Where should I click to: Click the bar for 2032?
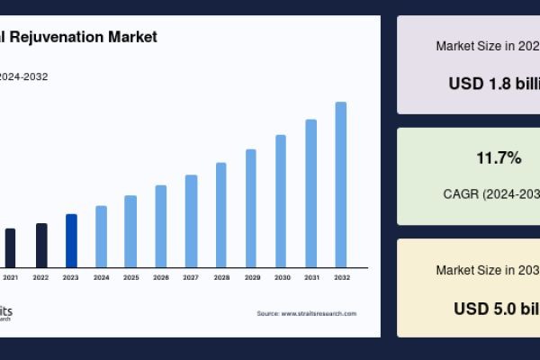click(341, 184)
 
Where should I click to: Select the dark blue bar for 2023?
click(71, 240)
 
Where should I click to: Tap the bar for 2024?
click(101, 237)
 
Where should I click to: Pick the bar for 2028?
click(221, 215)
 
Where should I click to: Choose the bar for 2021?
click(11, 247)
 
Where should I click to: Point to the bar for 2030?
click(281, 201)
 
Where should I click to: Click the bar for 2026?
click(161, 226)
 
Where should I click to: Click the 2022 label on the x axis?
click(40, 277)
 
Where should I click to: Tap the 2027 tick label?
click(191, 277)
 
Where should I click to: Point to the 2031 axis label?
click(311, 277)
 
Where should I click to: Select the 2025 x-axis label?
click(130, 277)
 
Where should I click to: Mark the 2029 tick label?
click(251, 277)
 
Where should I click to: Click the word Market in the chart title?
click(132, 37)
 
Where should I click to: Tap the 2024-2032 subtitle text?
click(23, 76)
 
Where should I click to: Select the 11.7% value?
click(499, 158)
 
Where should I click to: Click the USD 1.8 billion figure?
click(494, 83)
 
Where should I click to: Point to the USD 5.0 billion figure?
click(496, 308)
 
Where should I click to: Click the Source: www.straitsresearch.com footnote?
click(307, 313)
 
